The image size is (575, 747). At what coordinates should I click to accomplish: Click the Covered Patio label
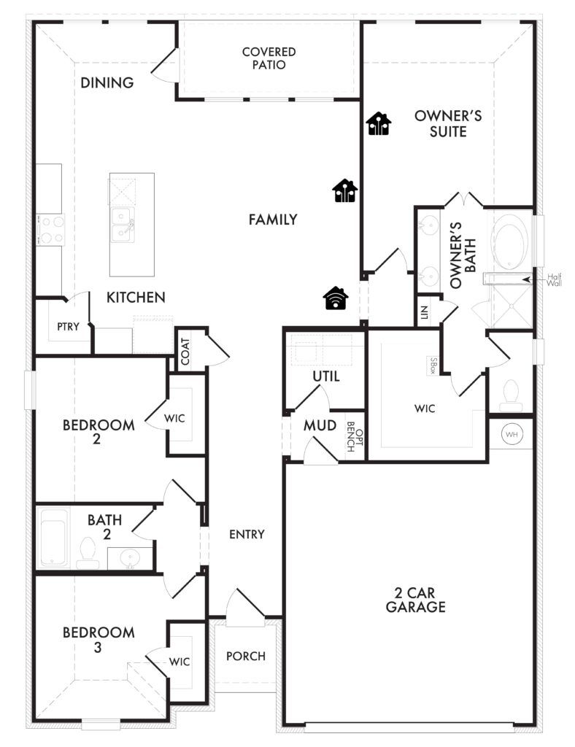coord(269,58)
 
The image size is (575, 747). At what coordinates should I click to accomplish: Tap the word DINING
coord(107,83)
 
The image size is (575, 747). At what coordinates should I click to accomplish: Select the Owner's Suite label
coord(448,123)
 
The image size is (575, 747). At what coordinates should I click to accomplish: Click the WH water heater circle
coord(512,435)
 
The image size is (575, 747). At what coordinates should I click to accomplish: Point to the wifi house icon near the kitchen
coord(336,298)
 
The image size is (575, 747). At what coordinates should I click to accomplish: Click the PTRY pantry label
coord(68,327)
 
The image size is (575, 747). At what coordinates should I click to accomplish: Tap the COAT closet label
coord(185,351)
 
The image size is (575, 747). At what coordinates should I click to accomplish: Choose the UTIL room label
coord(326,376)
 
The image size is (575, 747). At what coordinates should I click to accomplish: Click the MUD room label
coord(320,425)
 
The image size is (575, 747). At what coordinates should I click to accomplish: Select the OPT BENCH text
coord(355,436)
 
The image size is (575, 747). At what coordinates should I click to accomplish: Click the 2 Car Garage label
coord(415,600)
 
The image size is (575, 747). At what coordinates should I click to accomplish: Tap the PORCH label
coord(246,656)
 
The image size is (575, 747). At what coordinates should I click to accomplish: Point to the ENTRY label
coord(247,535)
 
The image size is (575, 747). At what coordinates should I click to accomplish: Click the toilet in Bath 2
coord(88,553)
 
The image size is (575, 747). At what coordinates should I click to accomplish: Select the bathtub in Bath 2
coord(53,538)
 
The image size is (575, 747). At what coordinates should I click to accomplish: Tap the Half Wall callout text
coord(554,279)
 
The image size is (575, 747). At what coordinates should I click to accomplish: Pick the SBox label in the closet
coord(433,366)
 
